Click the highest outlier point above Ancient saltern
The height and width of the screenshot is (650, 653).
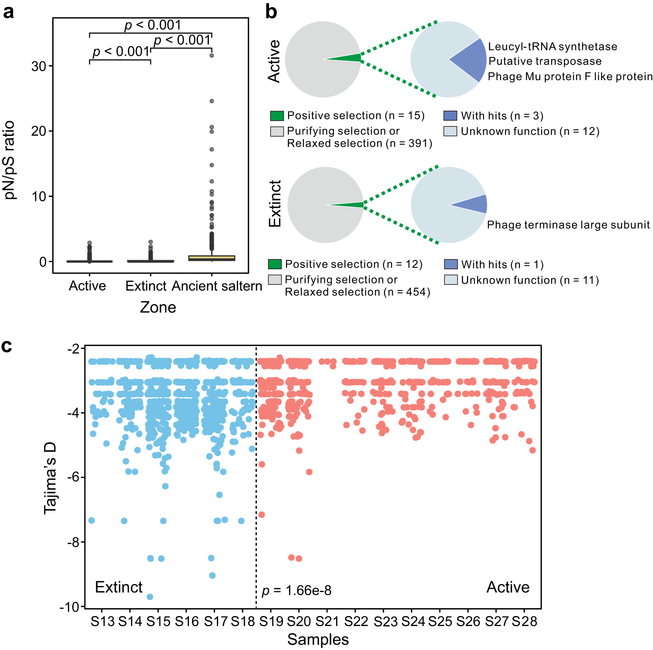(x=212, y=55)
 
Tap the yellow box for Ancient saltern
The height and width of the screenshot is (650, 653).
(x=212, y=258)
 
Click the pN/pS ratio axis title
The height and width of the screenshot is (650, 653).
(x=10, y=160)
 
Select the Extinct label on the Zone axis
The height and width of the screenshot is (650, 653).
(x=146, y=286)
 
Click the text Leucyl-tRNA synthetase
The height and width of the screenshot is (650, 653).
(x=552, y=47)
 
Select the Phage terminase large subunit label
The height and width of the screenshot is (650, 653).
(x=568, y=225)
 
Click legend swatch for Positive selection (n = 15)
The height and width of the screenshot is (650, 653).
(x=277, y=116)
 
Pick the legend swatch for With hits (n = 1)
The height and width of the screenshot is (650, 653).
(x=451, y=264)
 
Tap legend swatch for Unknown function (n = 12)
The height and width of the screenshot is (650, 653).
(x=450, y=131)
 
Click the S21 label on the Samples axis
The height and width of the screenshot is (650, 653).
(x=327, y=621)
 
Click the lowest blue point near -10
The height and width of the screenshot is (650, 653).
(x=150, y=597)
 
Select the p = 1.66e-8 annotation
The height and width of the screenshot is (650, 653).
(x=296, y=591)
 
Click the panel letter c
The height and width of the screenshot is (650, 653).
(x=7, y=346)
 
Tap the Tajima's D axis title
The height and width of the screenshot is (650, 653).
(x=50, y=477)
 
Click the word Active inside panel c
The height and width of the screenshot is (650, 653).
(x=508, y=587)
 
